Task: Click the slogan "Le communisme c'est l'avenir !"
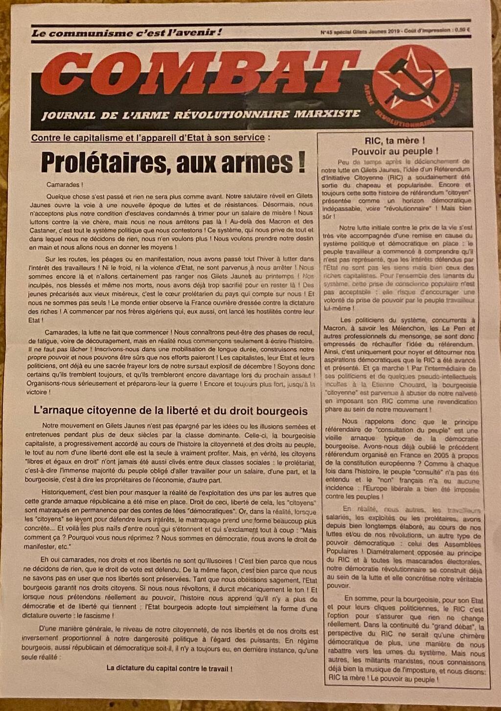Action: click(127, 33)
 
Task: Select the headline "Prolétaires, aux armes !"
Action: click(173, 162)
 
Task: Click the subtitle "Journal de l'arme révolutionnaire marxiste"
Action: click(201, 115)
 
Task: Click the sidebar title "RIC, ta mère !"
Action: click(395, 141)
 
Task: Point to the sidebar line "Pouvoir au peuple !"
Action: click(395, 152)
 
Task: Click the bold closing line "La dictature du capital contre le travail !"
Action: click(169, 668)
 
